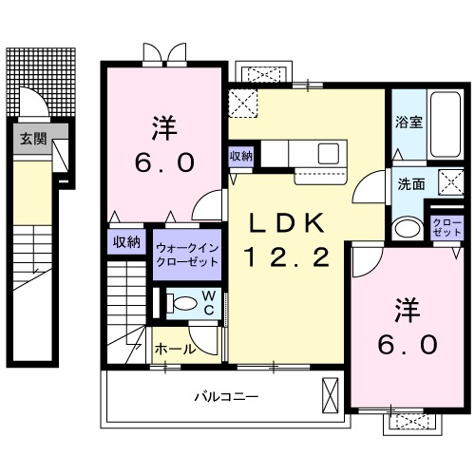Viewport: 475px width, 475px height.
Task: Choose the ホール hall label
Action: pyautogui.click(x=174, y=349)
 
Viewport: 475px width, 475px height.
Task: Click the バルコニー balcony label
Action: pyautogui.click(x=227, y=396)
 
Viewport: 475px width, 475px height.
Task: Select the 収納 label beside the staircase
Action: pyautogui.click(x=127, y=241)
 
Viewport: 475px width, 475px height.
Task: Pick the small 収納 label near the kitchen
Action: pyautogui.click(x=240, y=156)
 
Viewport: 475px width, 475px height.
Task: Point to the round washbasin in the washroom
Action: pyautogui.click(x=408, y=228)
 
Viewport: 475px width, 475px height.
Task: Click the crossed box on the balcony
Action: pyautogui.click(x=331, y=393)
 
